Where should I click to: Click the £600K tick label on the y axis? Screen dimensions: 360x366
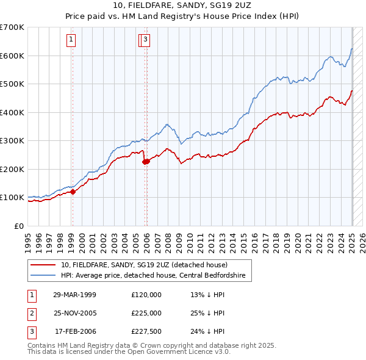pos(12,56)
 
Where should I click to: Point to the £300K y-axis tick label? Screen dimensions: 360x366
pos(12,140)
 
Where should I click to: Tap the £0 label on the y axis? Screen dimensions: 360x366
pos(19,226)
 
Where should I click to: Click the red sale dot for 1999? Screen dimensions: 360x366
pos(73,192)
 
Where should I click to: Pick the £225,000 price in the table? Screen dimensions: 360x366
pos(146,313)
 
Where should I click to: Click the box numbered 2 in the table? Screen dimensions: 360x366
pos(30,313)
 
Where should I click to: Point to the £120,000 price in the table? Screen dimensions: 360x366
pos(146,294)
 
